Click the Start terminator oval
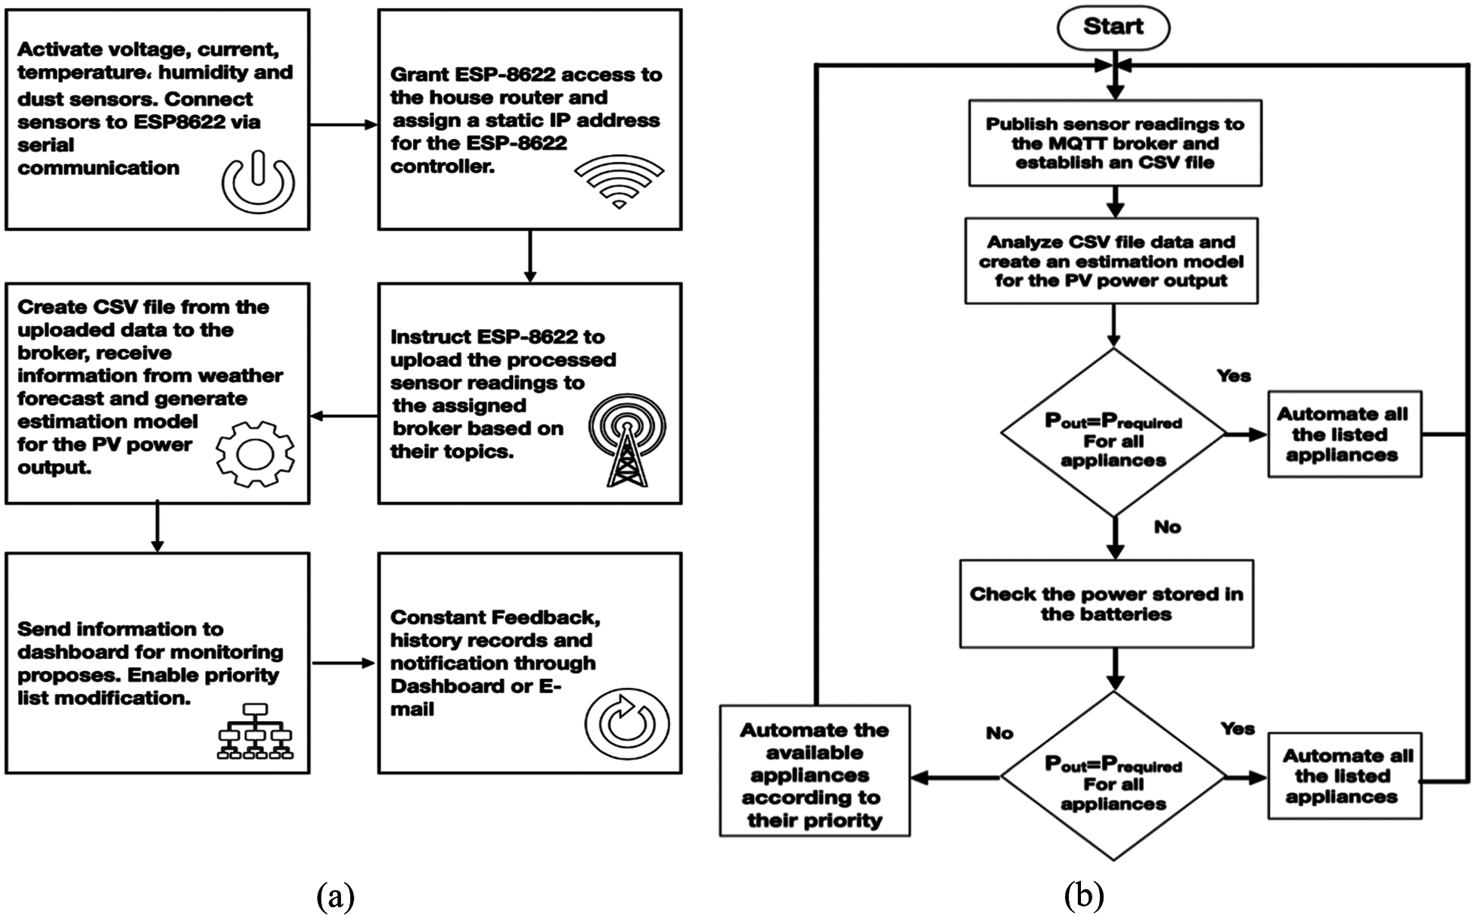[x=1113, y=27]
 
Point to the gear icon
[x=255, y=453]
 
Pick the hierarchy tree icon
[x=255, y=731]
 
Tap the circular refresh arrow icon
[x=626, y=723]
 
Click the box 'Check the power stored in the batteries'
[x=1106, y=604]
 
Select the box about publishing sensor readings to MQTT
[x=1115, y=143]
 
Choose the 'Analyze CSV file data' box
[x=1111, y=261]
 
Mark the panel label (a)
[x=335, y=897]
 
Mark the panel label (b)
[x=1083, y=897]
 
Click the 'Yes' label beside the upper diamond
[x=1234, y=376]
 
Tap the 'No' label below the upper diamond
[x=1167, y=527]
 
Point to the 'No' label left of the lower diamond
[x=999, y=733]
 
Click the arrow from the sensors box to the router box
[x=343, y=125]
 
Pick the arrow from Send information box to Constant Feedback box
[x=343, y=664]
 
